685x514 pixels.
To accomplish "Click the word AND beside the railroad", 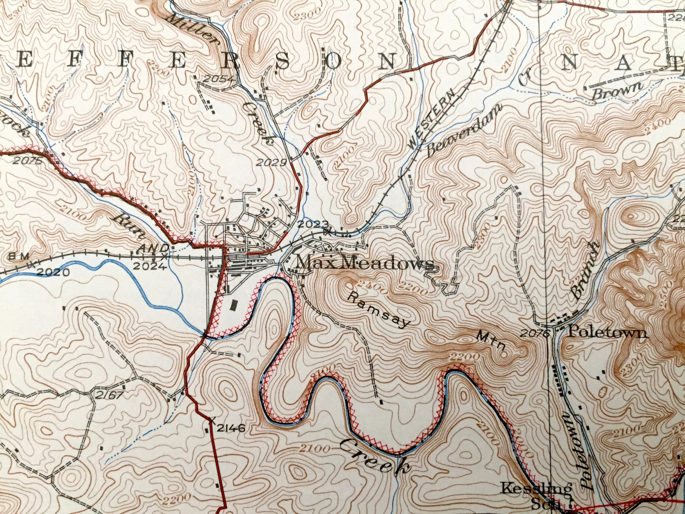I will (154, 248).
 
